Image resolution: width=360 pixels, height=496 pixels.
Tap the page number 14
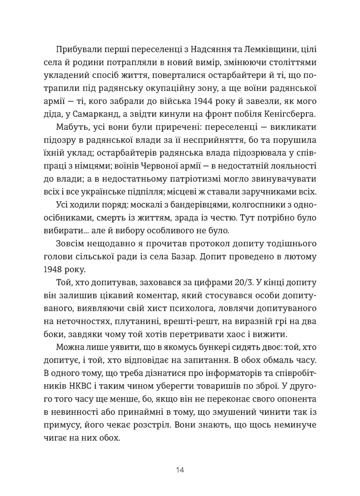pos(180,471)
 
